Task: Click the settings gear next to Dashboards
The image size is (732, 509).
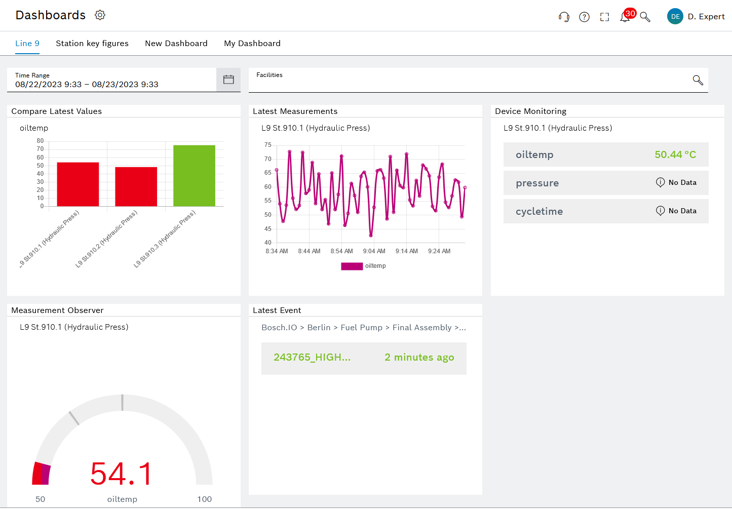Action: click(x=100, y=15)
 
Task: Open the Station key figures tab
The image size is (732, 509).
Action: click(x=92, y=44)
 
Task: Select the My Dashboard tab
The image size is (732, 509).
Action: click(x=252, y=44)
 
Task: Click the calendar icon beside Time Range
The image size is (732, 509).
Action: click(x=228, y=80)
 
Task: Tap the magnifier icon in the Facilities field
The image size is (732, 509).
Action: click(x=698, y=80)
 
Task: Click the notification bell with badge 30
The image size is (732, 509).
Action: click(x=625, y=17)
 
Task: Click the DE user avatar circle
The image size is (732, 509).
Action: click(x=675, y=16)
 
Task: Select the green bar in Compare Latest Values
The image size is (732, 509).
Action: click(x=194, y=176)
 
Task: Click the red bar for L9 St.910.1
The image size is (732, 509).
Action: click(x=78, y=184)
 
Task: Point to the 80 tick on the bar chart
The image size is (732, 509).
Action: click(x=40, y=141)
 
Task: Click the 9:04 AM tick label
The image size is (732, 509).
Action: click(x=374, y=251)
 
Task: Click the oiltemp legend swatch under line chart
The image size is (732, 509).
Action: click(x=352, y=266)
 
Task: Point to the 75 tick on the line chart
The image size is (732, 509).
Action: click(x=267, y=145)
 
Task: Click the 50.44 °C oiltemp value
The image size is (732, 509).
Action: click(x=675, y=155)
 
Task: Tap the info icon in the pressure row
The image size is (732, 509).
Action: click(x=660, y=182)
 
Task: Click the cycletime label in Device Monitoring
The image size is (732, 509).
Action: click(x=539, y=212)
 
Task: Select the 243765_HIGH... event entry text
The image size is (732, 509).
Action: click(x=312, y=358)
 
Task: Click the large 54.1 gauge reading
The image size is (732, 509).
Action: click(x=122, y=474)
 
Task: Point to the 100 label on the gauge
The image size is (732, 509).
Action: click(x=204, y=499)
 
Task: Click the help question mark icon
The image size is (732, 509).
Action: click(x=584, y=17)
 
